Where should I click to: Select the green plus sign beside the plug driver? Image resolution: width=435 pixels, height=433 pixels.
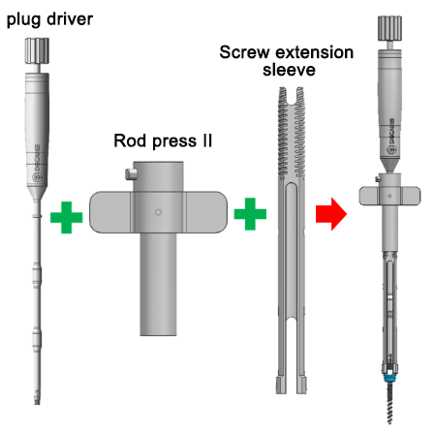67,213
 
